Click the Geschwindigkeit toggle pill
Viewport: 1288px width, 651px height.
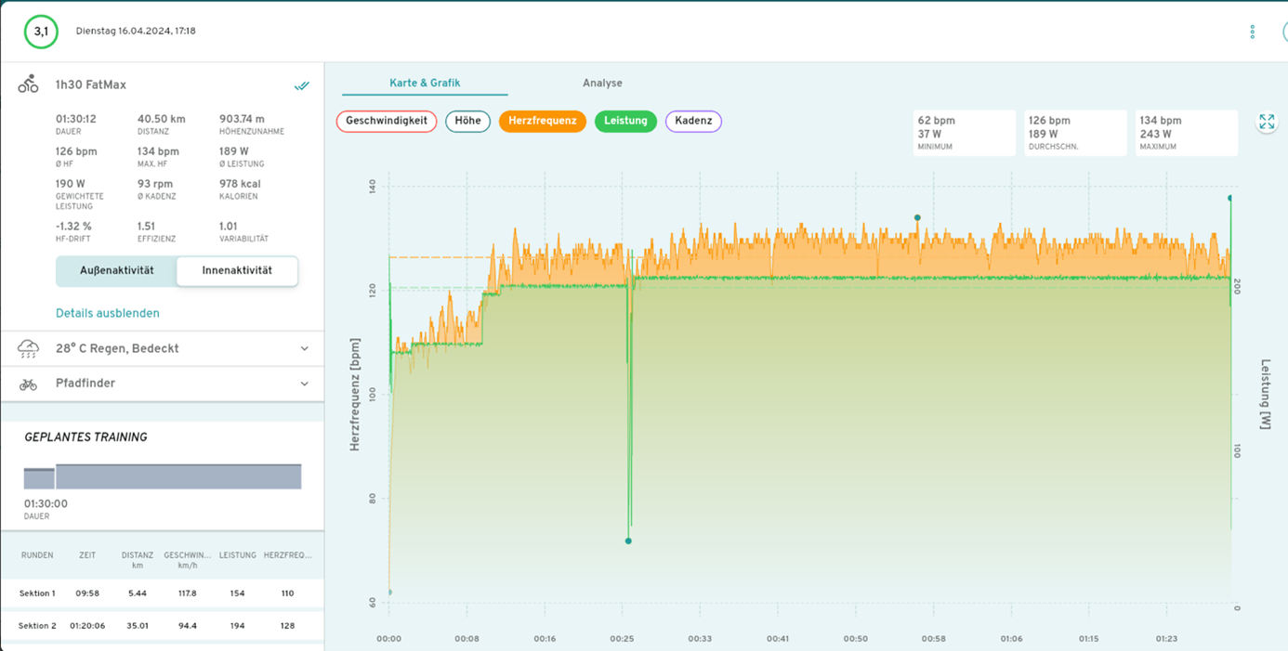[x=387, y=121]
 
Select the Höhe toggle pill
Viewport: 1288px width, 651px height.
[x=467, y=121]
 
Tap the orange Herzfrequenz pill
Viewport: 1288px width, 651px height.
[x=543, y=121]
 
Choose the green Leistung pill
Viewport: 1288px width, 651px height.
[x=625, y=121]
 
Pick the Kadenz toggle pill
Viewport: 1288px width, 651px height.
[x=693, y=121]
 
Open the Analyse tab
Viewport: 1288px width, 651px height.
[x=602, y=83]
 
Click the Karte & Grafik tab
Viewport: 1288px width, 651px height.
[x=425, y=83]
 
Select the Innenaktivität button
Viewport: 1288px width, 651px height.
[x=237, y=271]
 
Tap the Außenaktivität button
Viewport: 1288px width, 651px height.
[x=116, y=271]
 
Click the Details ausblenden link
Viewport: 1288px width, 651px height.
[x=108, y=313]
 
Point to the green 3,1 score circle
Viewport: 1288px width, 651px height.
[x=41, y=32]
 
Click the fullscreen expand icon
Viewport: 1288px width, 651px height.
[x=1267, y=123]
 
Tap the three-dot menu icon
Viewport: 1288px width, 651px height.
[x=1253, y=32]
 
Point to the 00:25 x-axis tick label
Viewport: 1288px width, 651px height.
[x=622, y=639]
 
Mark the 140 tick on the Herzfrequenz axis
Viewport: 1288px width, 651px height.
[x=372, y=187]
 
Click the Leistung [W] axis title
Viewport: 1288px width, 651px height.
[x=1265, y=394]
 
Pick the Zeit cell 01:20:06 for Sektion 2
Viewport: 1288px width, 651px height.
[x=87, y=626]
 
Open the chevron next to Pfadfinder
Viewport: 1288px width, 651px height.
[x=305, y=384]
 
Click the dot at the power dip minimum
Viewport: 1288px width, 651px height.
[x=628, y=540]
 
